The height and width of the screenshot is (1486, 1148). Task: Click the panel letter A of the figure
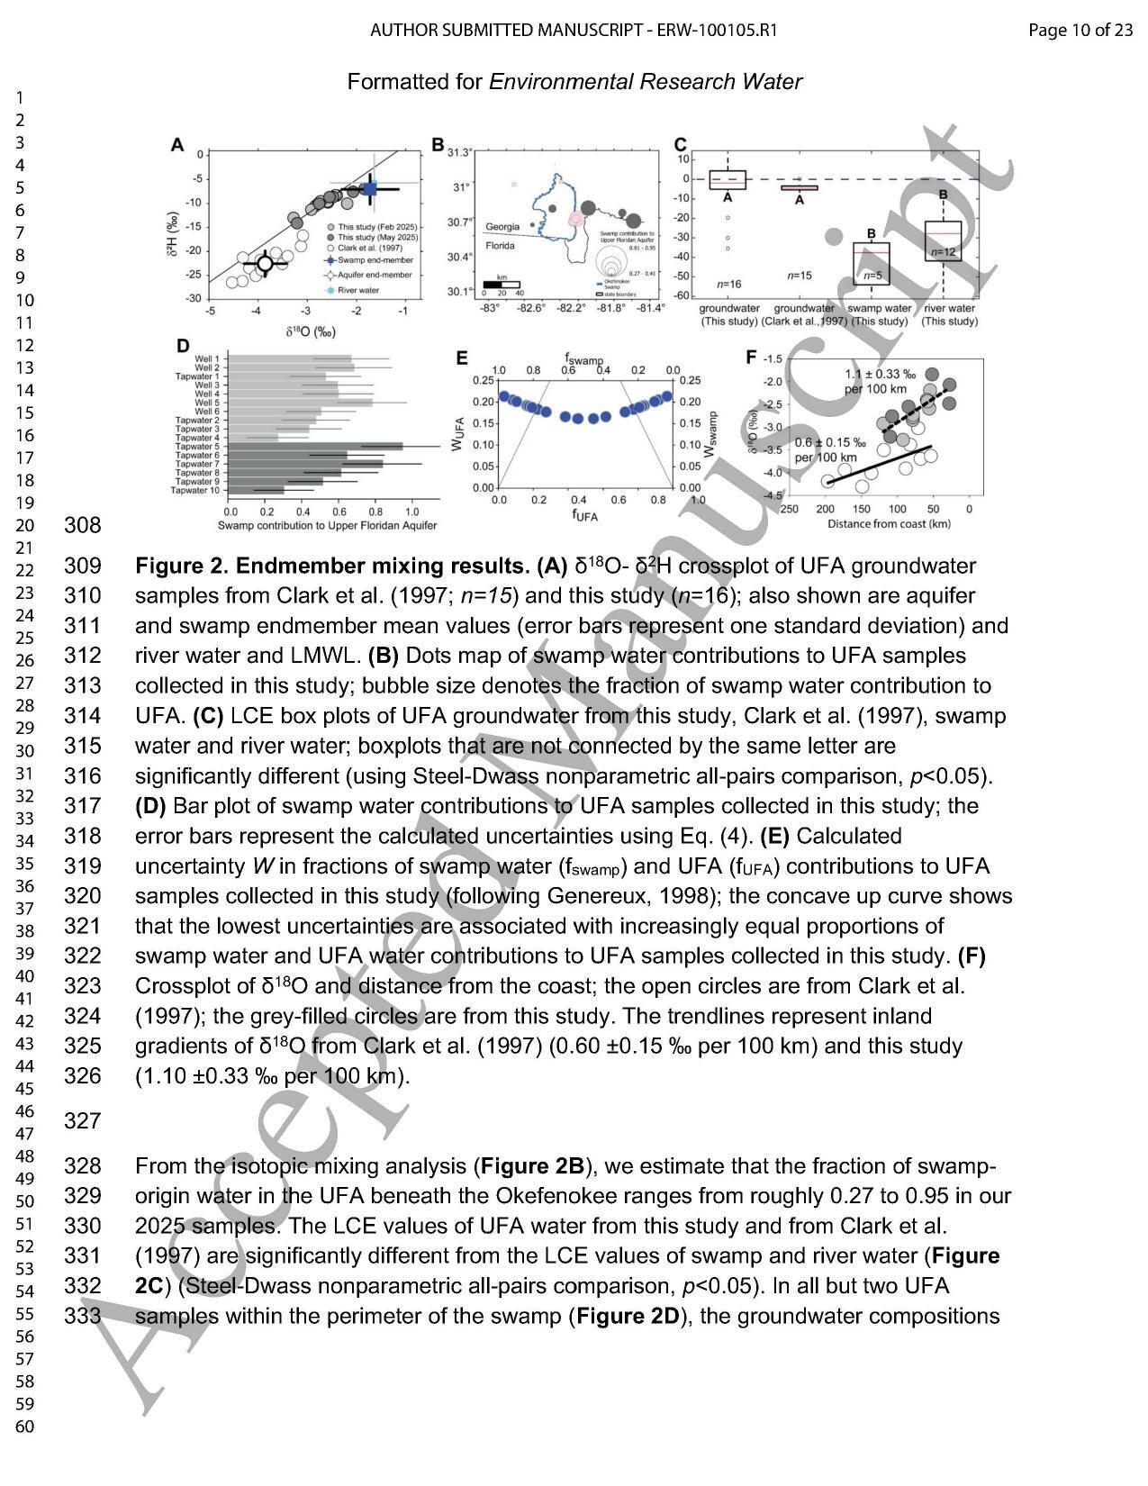[x=177, y=145]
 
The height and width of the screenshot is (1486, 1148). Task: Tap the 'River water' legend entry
[x=358, y=290]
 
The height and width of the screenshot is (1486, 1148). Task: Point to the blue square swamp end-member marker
[x=370, y=189]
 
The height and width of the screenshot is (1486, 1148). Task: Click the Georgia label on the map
[x=502, y=227]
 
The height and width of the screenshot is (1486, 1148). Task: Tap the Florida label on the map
[x=501, y=245]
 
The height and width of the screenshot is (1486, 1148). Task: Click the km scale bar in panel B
[x=502, y=284]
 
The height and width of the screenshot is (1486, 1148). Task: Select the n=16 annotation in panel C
[x=728, y=284]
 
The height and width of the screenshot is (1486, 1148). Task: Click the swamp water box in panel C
[x=871, y=263]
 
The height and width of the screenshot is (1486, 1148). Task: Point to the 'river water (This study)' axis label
[x=949, y=314]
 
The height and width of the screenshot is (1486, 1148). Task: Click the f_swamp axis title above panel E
[x=583, y=359]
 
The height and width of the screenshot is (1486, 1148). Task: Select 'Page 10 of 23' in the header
[x=1080, y=31]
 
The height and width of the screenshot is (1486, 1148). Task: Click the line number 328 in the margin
[x=82, y=1166]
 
